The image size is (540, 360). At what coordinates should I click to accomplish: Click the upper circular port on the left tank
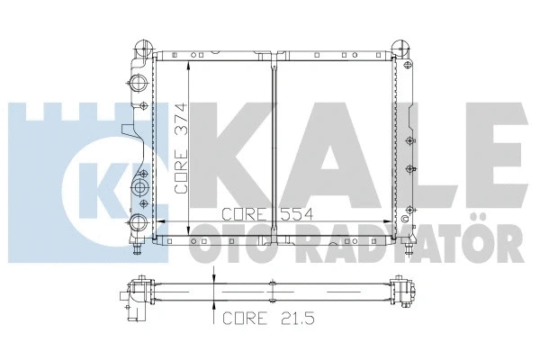[x=139, y=84]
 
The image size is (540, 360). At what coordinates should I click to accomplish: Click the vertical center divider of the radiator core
[x=273, y=144]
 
